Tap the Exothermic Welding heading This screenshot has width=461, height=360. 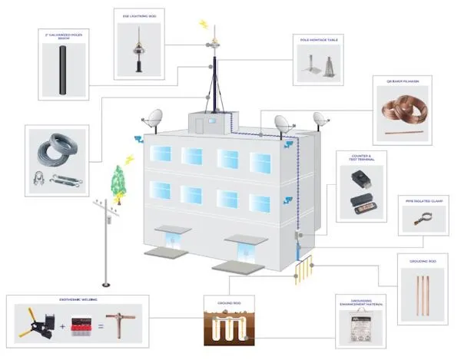click(76, 300)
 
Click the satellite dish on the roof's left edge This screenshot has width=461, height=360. click(154, 119)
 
